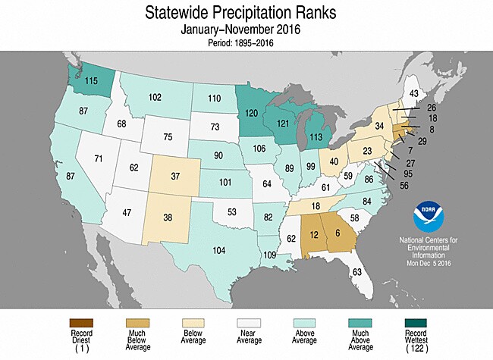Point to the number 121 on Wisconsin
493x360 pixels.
coord(284,122)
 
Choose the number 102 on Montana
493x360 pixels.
coord(155,97)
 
